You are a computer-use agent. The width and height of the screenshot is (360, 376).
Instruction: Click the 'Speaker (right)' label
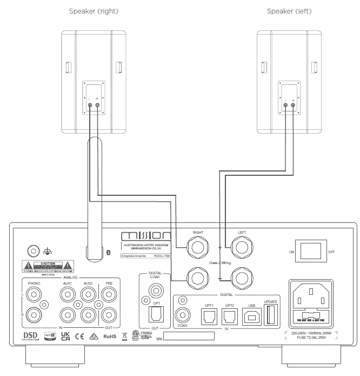coord(94,11)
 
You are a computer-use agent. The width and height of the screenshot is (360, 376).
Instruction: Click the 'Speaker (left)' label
coord(289,11)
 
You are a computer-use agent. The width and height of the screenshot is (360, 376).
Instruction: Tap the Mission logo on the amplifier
coord(146,236)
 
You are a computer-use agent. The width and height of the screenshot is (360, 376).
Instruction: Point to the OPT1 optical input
coord(208,316)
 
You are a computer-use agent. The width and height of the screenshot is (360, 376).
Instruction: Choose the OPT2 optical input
coord(229,316)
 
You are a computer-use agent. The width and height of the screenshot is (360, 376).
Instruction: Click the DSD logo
coord(30,336)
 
